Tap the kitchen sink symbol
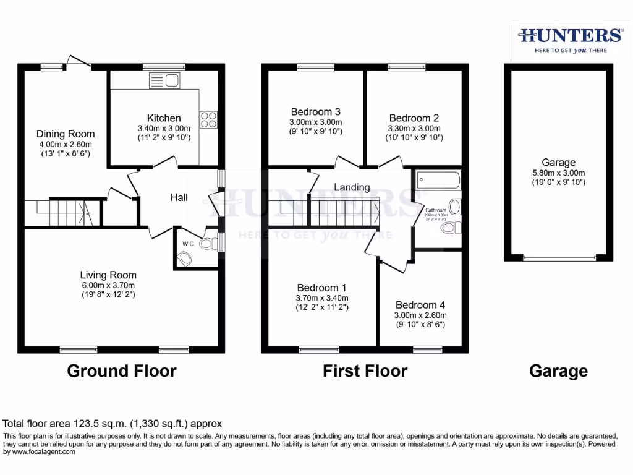(163, 79)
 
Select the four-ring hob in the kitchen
(208, 118)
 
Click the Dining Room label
(66, 134)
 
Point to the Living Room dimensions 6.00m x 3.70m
(108, 285)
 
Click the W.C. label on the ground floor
(189, 244)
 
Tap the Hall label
(179, 197)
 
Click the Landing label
(352, 187)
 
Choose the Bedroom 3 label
(316, 112)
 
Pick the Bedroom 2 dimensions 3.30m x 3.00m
(414, 128)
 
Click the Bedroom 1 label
(321, 288)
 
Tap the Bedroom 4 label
(420, 305)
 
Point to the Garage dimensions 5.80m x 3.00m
(559, 173)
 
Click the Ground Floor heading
(122, 371)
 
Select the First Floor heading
(365, 371)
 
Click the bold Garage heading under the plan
(558, 371)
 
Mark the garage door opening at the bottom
(559, 257)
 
